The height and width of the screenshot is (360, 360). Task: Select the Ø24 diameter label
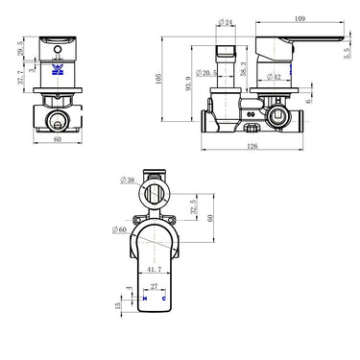tap(227, 21)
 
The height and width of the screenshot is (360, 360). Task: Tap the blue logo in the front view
tap(59, 70)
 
